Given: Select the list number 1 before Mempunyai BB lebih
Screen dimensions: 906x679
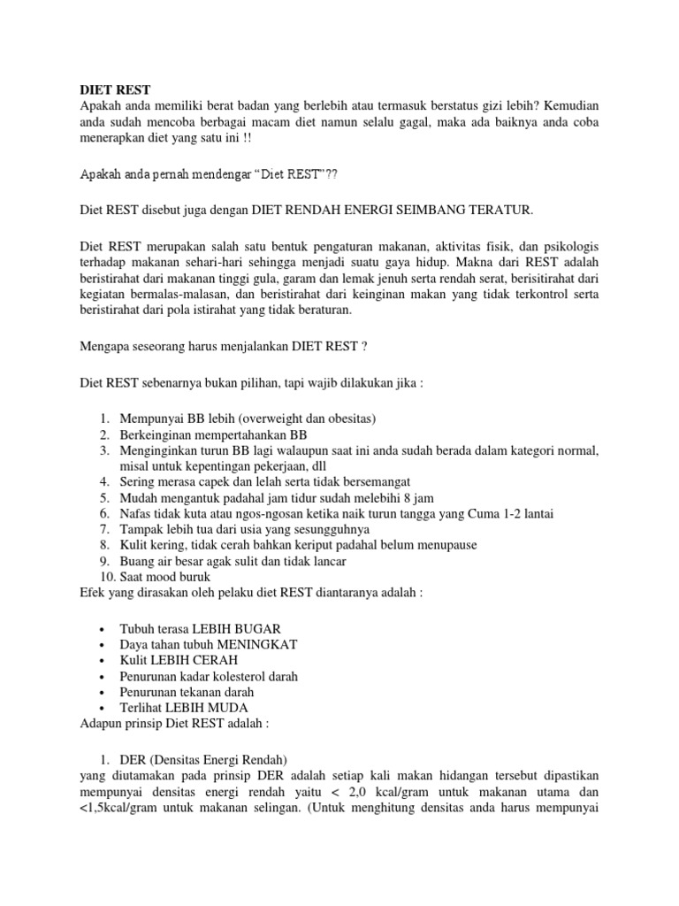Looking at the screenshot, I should pos(103,418).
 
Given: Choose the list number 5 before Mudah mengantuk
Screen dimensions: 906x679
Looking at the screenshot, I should pos(103,497).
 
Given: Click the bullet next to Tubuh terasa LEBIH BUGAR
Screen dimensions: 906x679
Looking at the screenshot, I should pos(104,629).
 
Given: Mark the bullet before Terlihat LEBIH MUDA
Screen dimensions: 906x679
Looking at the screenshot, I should pos(104,709).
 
